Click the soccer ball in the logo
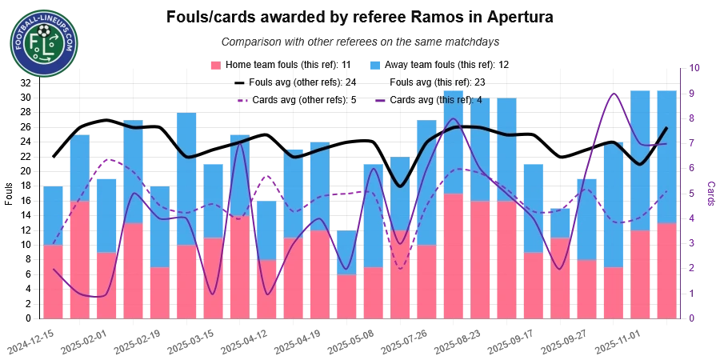(x=44, y=31)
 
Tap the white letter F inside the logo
(x=34, y=40)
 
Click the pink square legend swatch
(x=214, y=64)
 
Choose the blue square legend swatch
(x=374, y=64)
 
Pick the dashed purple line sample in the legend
(x=244, y=101)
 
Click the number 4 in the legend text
(x=479, y=100)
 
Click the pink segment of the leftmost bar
(x=53, y=282)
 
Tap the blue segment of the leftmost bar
(x=53, y=215)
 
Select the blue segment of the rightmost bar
(x=666, y=156)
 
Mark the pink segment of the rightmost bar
(x=666, y=271)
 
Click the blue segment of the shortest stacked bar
(x=346, y=253)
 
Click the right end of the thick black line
(x=667, y=128)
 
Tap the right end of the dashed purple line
(x=667, y=190)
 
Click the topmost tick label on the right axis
(x=696, y=70)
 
